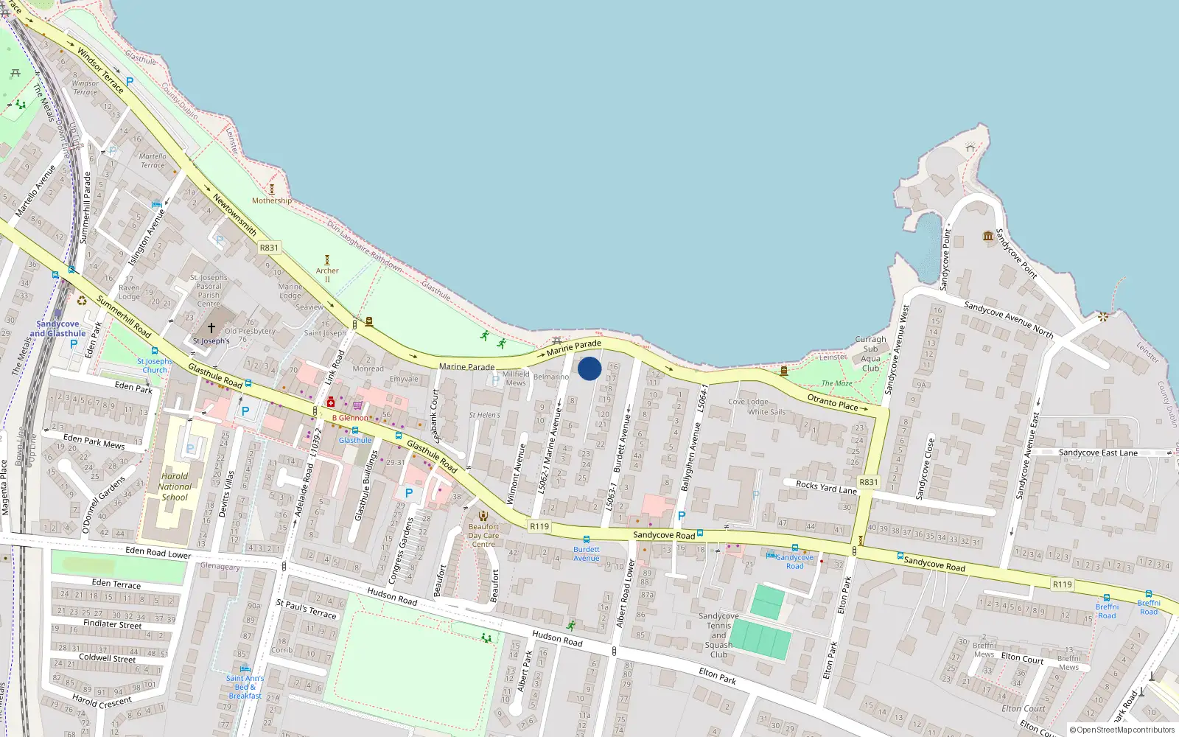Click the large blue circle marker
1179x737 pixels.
point(589,368)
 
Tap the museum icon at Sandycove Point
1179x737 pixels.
point(988,236)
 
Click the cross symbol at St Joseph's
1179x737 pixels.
point(211,327)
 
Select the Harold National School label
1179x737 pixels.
point(175,486)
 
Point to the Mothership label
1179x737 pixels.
point(272,200)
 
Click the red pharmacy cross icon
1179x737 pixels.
point(331,402)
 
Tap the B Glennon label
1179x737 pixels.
point(350,418)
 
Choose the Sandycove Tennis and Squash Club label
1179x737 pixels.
point(718,635)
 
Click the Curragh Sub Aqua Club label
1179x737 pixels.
point(870,354)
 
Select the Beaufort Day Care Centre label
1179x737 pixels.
point(483,535)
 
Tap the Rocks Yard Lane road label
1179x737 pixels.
point(826,487)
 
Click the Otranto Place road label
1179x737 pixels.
point(833,402)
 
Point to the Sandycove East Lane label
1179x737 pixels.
point(1098,453)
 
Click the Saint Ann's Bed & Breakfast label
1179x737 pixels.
point(245,687)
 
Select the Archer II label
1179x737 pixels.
point(327,274)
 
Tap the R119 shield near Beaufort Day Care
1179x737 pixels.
point(539,526)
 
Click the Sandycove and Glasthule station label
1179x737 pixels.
point(58,329)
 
